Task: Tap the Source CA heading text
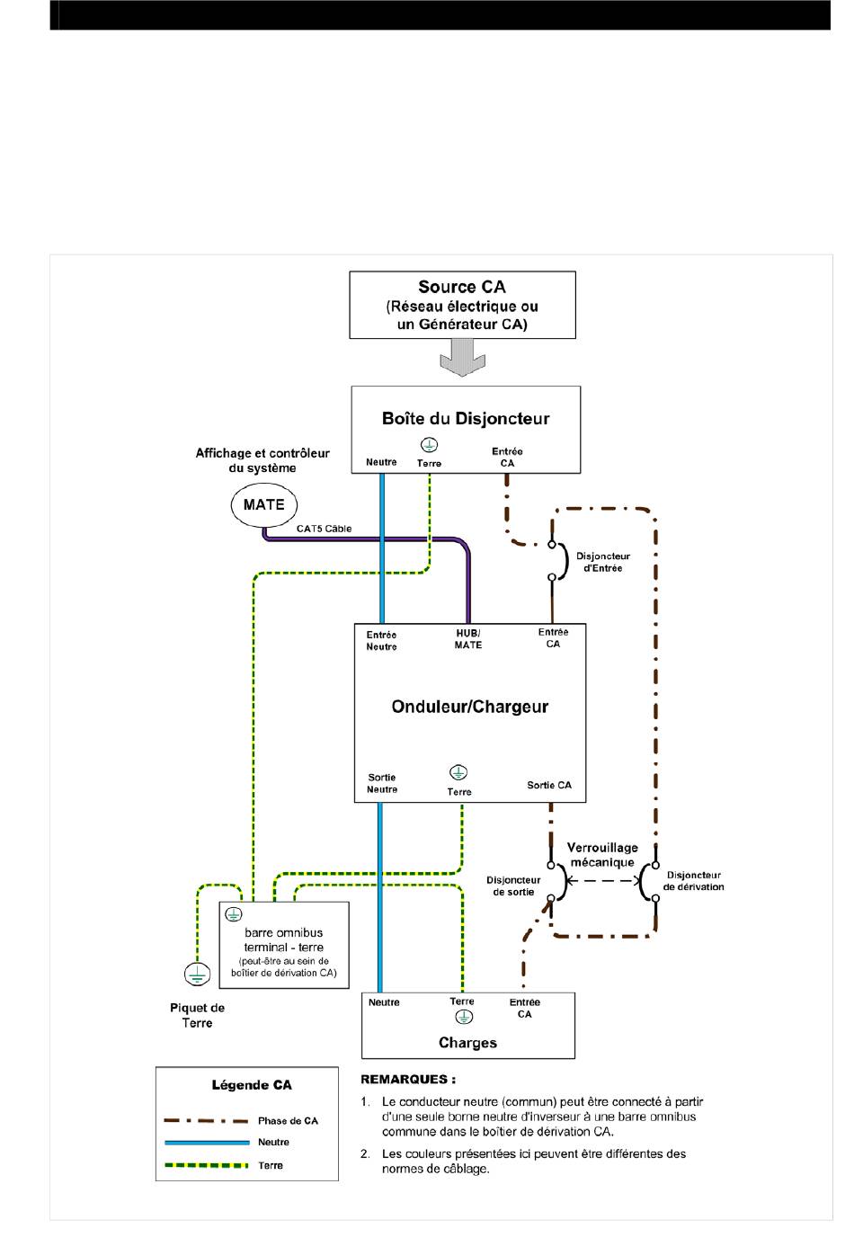click(x=462, y=287)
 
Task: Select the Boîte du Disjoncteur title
click(x=466, y=419)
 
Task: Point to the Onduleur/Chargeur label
click(x=469, y=707)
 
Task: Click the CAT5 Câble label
click(x=324, y=529)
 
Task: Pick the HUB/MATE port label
click(x=468, y=639)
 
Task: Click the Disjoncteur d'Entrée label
click(x=603, y=562)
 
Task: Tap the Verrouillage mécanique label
click(x=602, y=855)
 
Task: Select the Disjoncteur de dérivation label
click(x=693, y=881)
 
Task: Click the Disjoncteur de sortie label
click(x=513, y=886)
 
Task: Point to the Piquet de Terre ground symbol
click(x=197, y=975)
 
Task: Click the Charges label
click(x=468, y=1043)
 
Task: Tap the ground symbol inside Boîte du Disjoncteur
click(x=429, y=445)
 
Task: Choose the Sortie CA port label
click(x=549, y=785)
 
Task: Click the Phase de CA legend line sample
click(x=206, y=1120)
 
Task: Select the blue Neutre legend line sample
click(x=207, y=1143)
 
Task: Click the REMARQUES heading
click(x=408, y=1080)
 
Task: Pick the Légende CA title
click(x=252, y=1085)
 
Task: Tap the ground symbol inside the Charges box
click(x=464, y=1017)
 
